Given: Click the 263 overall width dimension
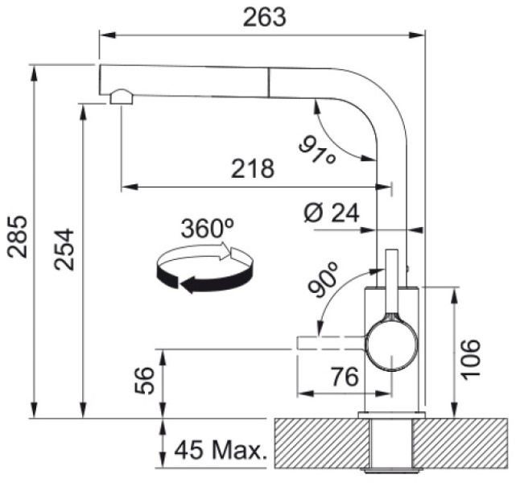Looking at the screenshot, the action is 265,18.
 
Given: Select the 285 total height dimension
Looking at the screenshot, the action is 18,237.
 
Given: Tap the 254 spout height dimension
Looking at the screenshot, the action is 64,250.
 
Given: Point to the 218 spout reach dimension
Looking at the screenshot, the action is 253,168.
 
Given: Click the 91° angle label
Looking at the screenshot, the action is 317,150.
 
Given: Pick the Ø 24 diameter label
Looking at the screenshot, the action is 331,213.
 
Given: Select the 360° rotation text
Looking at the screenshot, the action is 208,229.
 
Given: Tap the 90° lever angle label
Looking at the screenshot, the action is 323,279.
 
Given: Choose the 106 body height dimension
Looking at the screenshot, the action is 470,359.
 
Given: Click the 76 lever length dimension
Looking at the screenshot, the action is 345,377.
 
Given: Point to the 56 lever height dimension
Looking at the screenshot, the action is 144,381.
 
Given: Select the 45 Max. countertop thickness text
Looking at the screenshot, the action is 220,450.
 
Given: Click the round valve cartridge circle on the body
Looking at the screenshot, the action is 391,346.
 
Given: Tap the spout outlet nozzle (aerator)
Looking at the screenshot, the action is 122,97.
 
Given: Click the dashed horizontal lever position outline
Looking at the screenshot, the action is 331,343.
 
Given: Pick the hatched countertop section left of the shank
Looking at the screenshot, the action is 322,443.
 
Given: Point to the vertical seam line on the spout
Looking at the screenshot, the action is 269,83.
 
